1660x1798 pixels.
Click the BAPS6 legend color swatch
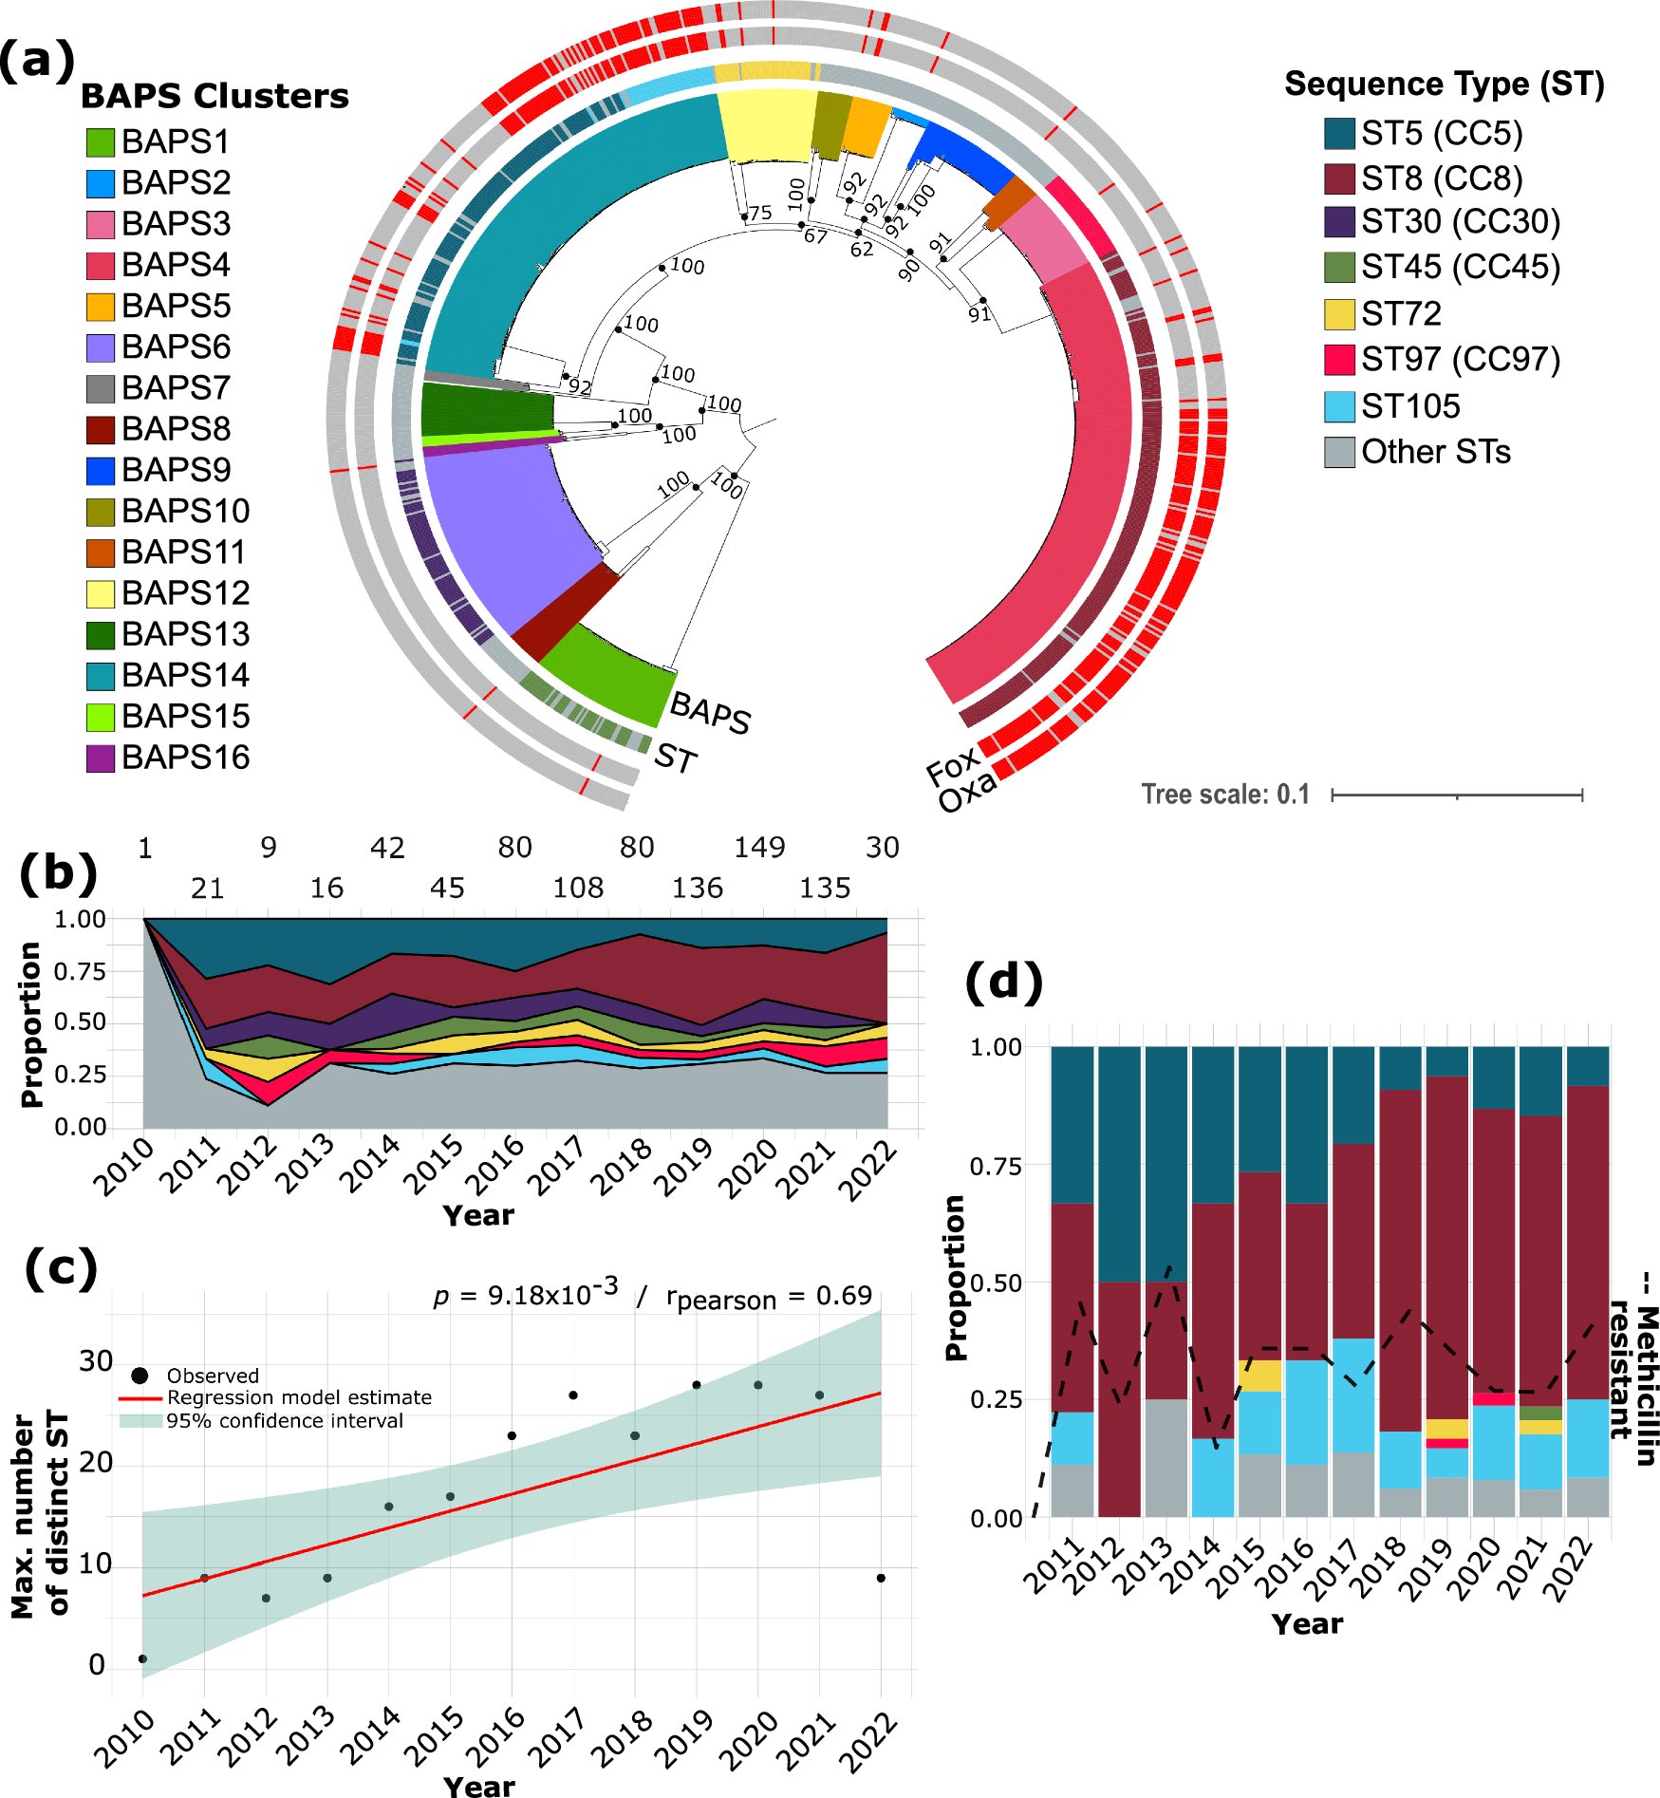pos(101,347)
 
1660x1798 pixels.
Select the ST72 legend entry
pos(1400,313)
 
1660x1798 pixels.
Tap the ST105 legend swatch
pos(1339,406)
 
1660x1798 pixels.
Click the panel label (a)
pos(37,62)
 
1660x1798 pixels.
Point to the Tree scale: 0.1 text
pos(1225,794)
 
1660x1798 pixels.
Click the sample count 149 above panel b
pos(759,847)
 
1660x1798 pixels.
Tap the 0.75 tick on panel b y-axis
pos(80,971)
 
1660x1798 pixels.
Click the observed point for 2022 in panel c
pos(881,1578)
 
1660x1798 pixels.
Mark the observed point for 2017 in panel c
pos(573,1395)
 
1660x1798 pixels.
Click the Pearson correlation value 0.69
pos(844,1296)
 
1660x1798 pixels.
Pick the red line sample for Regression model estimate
pos(140,1398)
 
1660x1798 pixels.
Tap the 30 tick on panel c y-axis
pos(96,1360)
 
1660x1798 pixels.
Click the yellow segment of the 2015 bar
pos(1259,1376)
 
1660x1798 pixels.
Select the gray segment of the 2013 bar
pos(1166,1457)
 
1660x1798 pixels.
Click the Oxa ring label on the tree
pos(968,791)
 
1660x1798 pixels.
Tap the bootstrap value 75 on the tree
pos(760,213)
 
